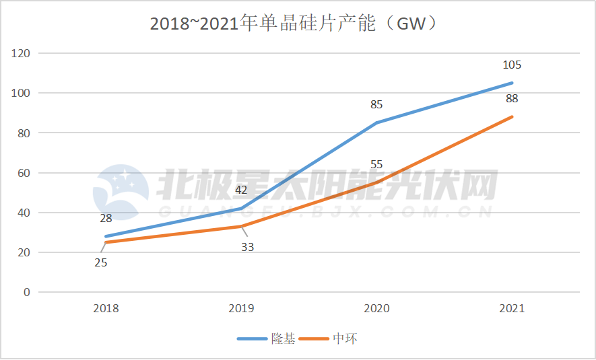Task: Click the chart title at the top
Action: (297, 24)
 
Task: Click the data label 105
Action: (512, 65)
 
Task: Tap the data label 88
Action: (512, 99)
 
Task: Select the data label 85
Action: (376, 105)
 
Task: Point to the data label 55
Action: (376, 165)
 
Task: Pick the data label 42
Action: (241, 190)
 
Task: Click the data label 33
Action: (247, 247)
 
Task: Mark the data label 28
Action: (106, 218)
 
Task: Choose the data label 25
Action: (100, 262)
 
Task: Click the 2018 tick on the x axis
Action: (106, 309)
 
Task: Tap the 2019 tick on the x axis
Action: (241, 309)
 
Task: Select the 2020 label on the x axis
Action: (376, 309)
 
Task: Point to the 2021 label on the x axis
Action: (512, 309)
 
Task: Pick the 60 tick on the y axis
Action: (24, 173)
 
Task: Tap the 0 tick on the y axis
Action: (26, 293)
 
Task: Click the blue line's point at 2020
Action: (376, 123)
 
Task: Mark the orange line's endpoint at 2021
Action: (512, 117)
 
